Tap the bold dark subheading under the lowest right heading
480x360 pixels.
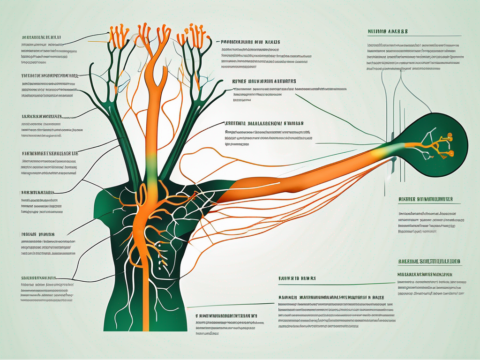(422, 273)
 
